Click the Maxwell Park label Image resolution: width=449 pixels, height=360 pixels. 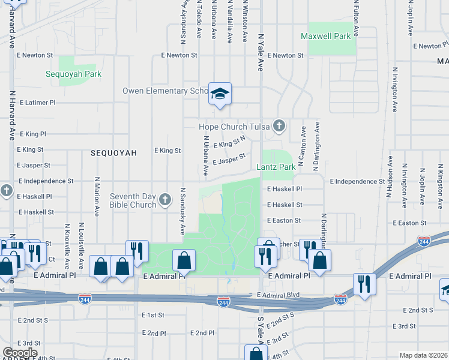pyautogui.click(x=325, y=36)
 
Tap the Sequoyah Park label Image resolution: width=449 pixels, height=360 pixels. pyautogui.click(x=74, y=74)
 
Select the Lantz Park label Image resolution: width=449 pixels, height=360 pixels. pyautogui.click(x=276, y=167)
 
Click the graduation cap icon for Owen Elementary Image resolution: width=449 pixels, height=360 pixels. pyautogui.click(x=220, y=94)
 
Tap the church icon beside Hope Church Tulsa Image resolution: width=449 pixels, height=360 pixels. pyautogui.click(x=278, y=126)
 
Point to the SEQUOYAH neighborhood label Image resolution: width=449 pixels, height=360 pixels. pyautogui.click(x=113, y=153)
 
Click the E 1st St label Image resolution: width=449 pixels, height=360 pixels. pyautogui.click(x=153, y=315)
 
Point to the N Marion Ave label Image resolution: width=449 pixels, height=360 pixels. pyautogui.click(x=97, y=196)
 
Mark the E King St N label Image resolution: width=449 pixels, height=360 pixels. pyautogui.click(x=230, y=142)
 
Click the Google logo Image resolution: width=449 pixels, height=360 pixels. pyautogui.click(x=19, y=353)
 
